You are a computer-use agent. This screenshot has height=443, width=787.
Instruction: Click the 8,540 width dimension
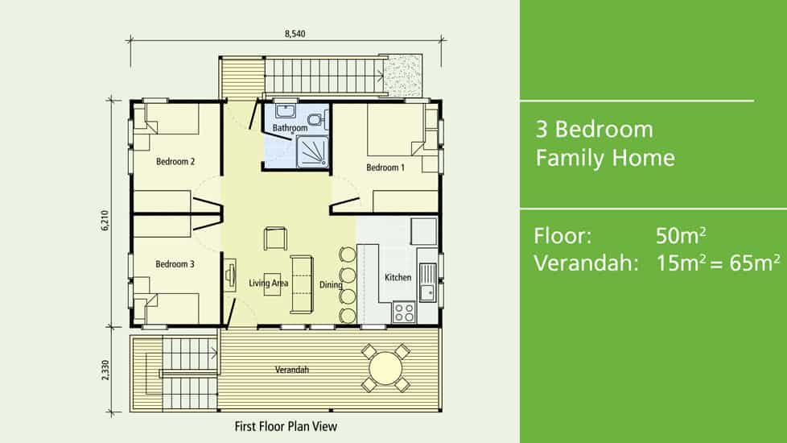pyautogui.click(x=295, y=34)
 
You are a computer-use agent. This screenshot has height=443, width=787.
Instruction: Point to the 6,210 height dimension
pyautogui.click(x=105, y=221)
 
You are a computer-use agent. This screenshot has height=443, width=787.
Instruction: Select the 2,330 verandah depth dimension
pyautogui.click(x=105, y=370)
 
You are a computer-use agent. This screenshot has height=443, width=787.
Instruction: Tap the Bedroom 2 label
pyautogui.click(x=175, y=161)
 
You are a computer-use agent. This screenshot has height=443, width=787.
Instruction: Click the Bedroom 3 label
pyautogui.click(x=175, y=263)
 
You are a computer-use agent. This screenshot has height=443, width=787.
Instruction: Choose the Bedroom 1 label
pyautogui.click(x=385, y=168)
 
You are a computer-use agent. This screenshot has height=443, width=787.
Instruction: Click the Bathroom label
pyautogui.click(x=290, y=128)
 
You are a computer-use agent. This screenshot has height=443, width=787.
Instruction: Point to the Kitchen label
pyautogui.click(x=398, y=277)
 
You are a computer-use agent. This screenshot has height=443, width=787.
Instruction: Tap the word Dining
pyautogui.click(x=331, y=285)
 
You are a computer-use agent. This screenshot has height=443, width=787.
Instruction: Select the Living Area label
pyautogui.click(x=269, y=284)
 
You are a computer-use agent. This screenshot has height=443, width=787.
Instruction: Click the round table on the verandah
pyautogui.click(x=385, y=368)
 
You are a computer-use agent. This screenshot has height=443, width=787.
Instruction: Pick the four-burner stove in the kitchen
pyautogui.click(x=404, y=312)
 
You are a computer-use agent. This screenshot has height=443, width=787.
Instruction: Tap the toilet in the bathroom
pyautogui.click(x=316, y=119)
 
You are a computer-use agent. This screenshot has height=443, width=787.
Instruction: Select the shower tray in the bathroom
pyautogui.click(x=312, y=151)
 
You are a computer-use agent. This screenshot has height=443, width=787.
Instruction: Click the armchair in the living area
pyautogui.click(x=275, y=238)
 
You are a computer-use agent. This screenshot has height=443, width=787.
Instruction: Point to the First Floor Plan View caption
pyautogui.click(x=286, y=426)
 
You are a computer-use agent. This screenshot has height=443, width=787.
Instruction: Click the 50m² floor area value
pyautogui.click(x=681, y=235)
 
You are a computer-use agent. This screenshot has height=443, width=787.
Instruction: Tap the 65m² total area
pyautogui.click(x=755, y=263)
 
